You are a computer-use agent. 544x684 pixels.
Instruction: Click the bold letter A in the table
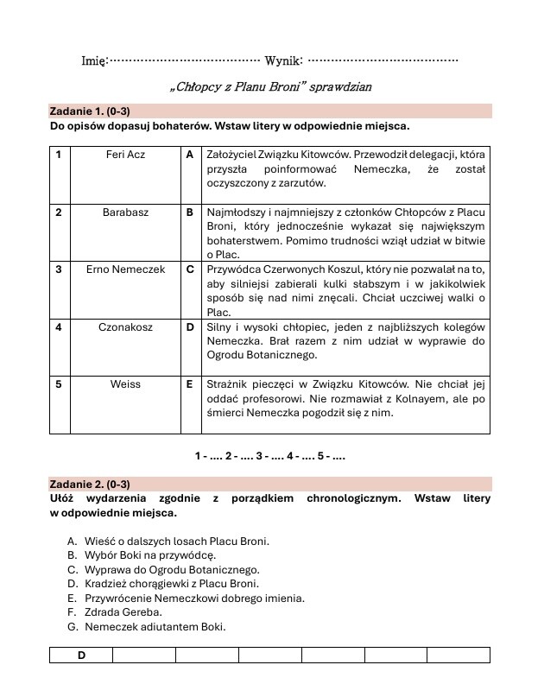(x=189, y=155)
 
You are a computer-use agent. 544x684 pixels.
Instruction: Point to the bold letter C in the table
(x=189, y=269)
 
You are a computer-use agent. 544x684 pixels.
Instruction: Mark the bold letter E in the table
(x=189, y=384)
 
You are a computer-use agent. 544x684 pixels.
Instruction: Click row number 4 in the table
(x=58, y=327)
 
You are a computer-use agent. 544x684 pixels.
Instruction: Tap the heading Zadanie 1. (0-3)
(x=90, y=111)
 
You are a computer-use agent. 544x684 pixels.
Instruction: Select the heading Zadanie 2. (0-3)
(x=90, y=484)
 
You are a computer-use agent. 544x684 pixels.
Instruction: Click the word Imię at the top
(x=93, y=60)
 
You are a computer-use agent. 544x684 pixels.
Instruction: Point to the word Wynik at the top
(x=283, y=60)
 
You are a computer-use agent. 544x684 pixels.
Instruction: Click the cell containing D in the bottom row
(x=81, y=655)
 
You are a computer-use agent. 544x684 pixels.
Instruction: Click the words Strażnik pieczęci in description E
(x=244, y=384)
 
